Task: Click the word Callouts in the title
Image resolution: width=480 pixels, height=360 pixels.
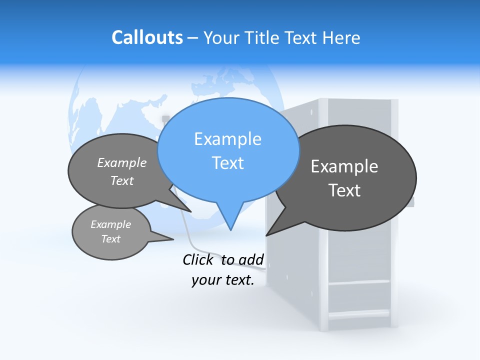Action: point(147,37)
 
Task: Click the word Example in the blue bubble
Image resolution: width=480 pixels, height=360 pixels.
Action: point(227,139)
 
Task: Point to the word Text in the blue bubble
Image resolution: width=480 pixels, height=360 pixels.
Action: point(227,163)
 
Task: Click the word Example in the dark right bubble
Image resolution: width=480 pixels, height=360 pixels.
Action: point(344,166)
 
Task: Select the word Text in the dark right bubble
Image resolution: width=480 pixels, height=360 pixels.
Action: point(344,190)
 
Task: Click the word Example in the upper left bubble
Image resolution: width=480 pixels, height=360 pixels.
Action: point(122,163)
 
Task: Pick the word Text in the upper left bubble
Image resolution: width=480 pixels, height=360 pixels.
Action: point(122,181)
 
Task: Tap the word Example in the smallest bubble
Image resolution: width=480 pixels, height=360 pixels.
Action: point(110,224)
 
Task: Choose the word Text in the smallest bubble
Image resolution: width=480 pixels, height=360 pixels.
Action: point(110,239)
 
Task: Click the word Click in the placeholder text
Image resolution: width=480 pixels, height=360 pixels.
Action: point(199,259)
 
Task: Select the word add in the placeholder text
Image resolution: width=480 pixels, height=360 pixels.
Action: point(251,259)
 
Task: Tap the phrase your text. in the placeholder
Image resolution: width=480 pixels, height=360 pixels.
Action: point(222,280)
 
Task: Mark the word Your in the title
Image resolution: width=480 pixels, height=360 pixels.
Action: point(221,37)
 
